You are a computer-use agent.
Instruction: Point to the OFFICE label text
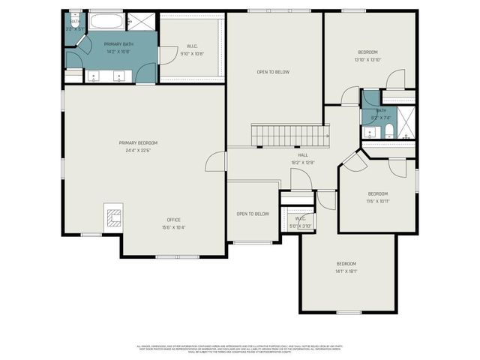click(173, 220)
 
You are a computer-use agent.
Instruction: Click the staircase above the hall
click(290, 136)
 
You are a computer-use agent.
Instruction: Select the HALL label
click(303, 155)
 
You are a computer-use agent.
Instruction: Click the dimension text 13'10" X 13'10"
click(367, 60)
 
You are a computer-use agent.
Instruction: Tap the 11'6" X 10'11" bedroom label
click(377, 197)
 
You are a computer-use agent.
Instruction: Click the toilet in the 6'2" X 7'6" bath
click(388, 133)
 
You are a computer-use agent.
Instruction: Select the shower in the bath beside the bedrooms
click(406, 122)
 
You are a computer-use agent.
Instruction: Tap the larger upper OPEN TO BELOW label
click(273, 72)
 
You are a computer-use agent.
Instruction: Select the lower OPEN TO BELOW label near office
click(253, 214)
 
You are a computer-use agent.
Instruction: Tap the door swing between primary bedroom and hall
click(216, 161)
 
